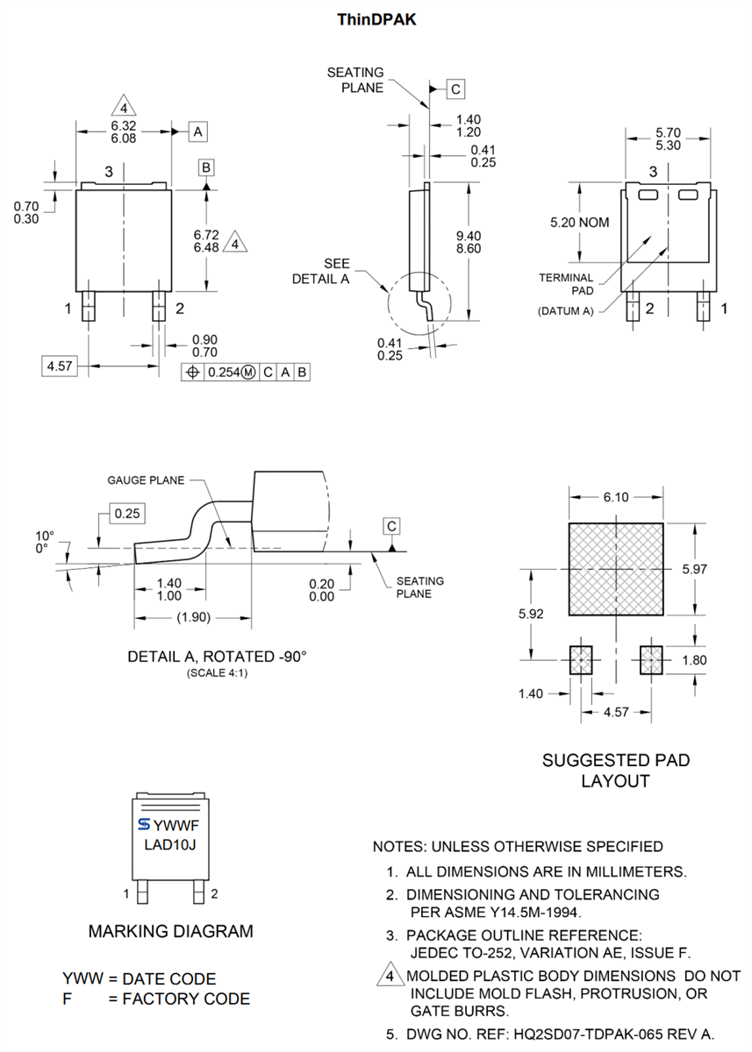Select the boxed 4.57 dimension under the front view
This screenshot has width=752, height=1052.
60,366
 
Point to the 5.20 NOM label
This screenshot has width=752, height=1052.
579,223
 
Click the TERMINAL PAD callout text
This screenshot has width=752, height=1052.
566,283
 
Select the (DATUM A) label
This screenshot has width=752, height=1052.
565,310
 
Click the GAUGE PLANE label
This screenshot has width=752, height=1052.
147,480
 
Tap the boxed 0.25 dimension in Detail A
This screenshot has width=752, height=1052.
127,513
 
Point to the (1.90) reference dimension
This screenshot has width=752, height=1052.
193,617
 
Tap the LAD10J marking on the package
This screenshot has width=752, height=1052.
170,845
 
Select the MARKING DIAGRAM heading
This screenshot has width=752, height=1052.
170,931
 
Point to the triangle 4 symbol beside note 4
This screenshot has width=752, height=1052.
388,976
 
